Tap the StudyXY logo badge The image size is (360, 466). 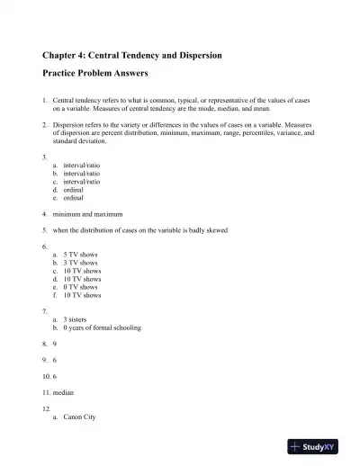pyautogui.click(x=319, y=445)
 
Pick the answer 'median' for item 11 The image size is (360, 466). pyautogui.click(x=64, y=393)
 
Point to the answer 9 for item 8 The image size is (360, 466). pyautogui.click(x=55, y=344)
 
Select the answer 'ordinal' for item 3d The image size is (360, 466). pyautogui.click(x=74, y=190)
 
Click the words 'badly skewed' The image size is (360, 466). pyautogui.click(x=208, y=230)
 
